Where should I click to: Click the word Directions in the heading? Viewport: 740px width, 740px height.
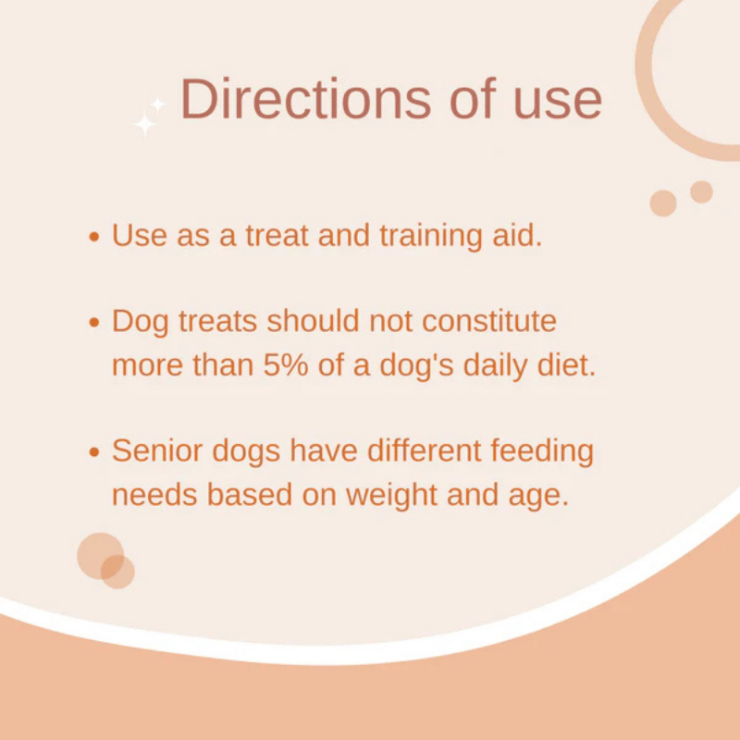(305, 99)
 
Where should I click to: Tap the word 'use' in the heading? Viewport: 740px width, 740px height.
(558, 103)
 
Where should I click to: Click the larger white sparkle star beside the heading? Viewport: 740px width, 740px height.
(144, 125)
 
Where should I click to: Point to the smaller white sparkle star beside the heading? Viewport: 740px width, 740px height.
(157, 104)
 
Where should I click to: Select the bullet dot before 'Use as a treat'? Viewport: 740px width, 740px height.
(94, 237)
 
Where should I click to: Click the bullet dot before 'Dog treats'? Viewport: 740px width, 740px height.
(94, 323)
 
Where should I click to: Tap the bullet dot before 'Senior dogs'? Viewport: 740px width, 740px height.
(94, 452)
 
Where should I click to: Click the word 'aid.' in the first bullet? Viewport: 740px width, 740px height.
(517, 235)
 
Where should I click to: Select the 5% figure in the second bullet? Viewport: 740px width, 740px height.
(286, 365)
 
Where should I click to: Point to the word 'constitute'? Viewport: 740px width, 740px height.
(489, 321)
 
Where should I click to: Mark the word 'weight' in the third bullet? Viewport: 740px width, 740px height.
(391, 497)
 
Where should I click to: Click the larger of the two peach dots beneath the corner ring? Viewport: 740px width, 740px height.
(663, 203)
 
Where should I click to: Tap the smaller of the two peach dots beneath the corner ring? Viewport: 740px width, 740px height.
(701, 192)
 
